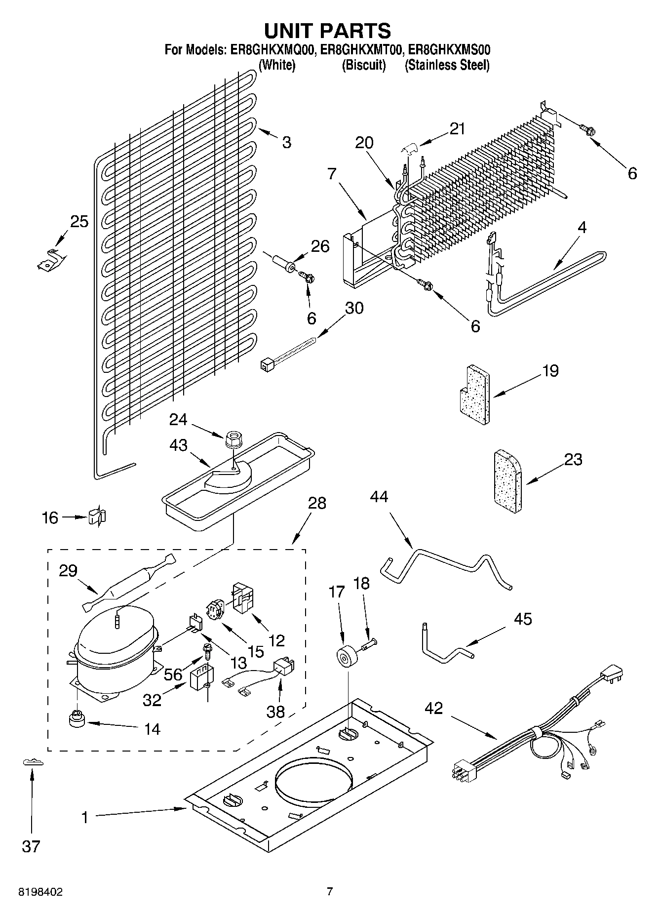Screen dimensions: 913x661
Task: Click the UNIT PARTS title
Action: [x=328, y=31]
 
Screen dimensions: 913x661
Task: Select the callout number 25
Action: [x=79, y=222]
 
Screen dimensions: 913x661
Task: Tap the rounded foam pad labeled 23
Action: [x=508, y=482]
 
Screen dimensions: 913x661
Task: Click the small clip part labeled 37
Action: [x=33, y=762]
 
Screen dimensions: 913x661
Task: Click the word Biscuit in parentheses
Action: [x=364, y=65]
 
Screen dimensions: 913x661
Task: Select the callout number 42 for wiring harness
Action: [x=434, y=708]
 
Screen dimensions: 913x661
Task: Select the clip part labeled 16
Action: [x=97, y=516]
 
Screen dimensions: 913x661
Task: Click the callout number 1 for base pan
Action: [x=85, y=817]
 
